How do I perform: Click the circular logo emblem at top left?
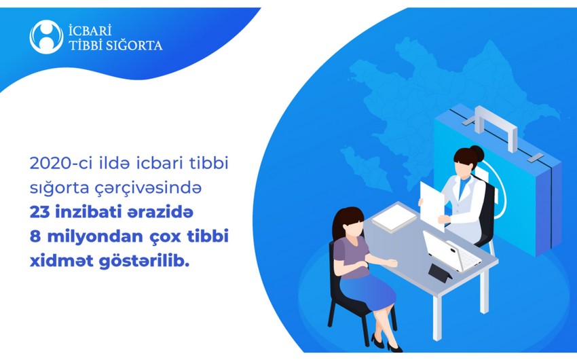coord(46,37)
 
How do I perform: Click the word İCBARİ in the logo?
coord(90,30)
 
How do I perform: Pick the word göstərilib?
coord(144,261)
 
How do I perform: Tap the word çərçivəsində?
coord(148,188)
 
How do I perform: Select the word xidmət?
coord(61,261)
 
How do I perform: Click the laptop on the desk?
coord(451,251)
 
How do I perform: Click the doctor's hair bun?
coord(477,153)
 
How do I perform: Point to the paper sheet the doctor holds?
coord(432,205)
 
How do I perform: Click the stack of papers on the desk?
coord(394,218)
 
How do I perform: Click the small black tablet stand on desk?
coord(440,273)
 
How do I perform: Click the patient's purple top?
coord(352,257)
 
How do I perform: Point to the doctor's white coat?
coord(464,206)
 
